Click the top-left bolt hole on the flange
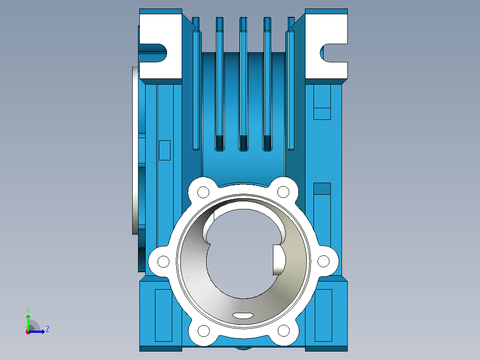coord(203,192)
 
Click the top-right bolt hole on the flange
coord(283,192)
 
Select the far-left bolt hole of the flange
coord(163,262)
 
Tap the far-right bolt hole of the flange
coord(324,262)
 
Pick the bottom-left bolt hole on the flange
coord(203,331)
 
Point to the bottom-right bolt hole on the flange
coord(284,331)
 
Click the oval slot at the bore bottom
coord(244,315)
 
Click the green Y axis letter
coord(28,310)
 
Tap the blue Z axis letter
coord(48,329)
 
